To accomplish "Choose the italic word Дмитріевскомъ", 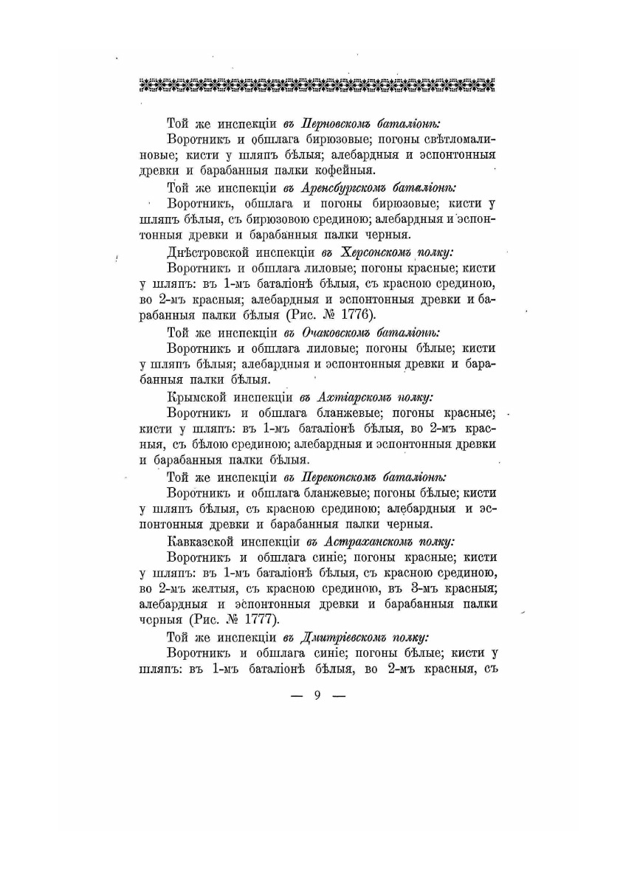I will coord(348,637).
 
